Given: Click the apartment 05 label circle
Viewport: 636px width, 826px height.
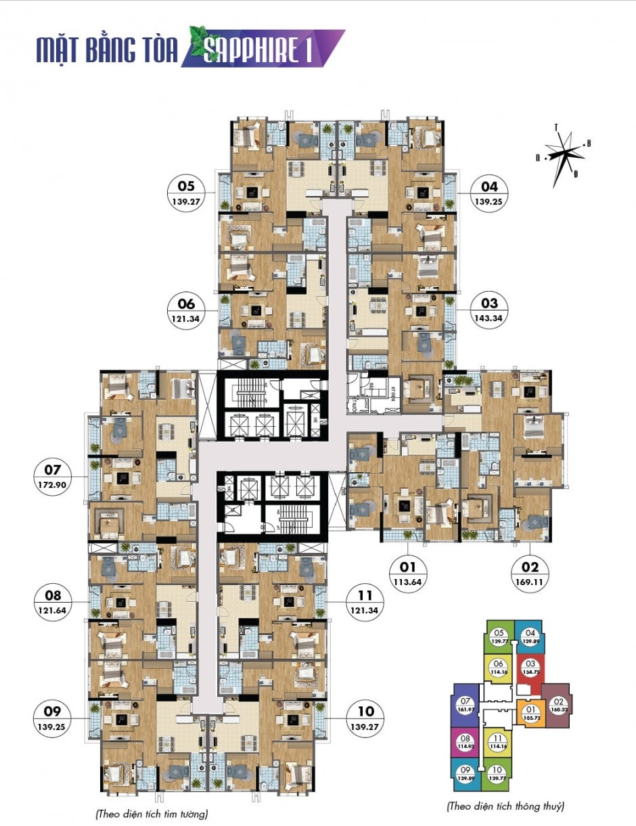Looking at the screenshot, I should coord(186,193).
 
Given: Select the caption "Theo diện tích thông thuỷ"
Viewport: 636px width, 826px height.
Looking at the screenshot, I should coord(506,806).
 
